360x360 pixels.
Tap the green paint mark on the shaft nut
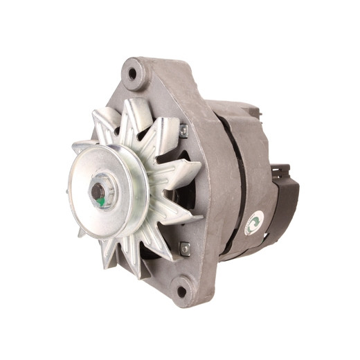[101, 201]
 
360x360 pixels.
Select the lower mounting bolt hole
[181, 291]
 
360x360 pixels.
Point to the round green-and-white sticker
[253, 222]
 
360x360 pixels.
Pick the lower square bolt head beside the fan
[185, 247]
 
